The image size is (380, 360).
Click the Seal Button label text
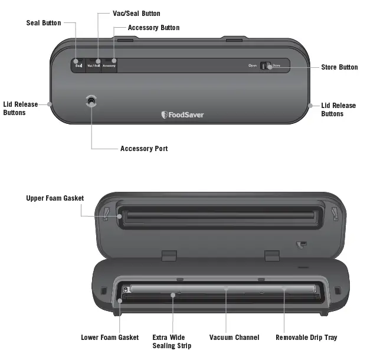pyautogui.click(x=43, y=23)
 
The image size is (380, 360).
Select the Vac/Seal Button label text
pyautogui.click(x=136, y=14)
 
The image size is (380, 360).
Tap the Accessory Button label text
pyautogui.click(x=153, y=28)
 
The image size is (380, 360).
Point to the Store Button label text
pyautogui.click(x=339, y=67)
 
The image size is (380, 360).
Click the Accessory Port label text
pyautogui.click(x=144, y=149)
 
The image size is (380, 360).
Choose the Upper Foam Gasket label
pyautogui.click(x=55, y=198)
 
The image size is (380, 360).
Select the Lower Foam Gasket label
pyautogui.click(x=110, y=338)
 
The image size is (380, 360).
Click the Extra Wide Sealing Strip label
pyautogui.click(x=168, y=342)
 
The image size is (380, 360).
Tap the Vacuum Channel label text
pyautogui.click(x=234, y=338)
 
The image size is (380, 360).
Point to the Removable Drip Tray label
pyautogui.click(x=306, y=338)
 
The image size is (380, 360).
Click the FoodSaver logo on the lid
pyautogui.click(x=182, y=114)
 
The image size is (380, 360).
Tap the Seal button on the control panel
pyautogui.click(x=78, y=66)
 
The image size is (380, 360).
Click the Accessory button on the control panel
pyautogui.click(x=109, y=66)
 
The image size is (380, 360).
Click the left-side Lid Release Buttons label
pyautogui.click(x=21, y=109)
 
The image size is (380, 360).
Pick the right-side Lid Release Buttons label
pyautogui.click(x=339, y=110)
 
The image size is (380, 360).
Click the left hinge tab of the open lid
pyautogui.click(x=168, y=255)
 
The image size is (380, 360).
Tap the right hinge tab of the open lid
pyautogui.click(x=271, y=255)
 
